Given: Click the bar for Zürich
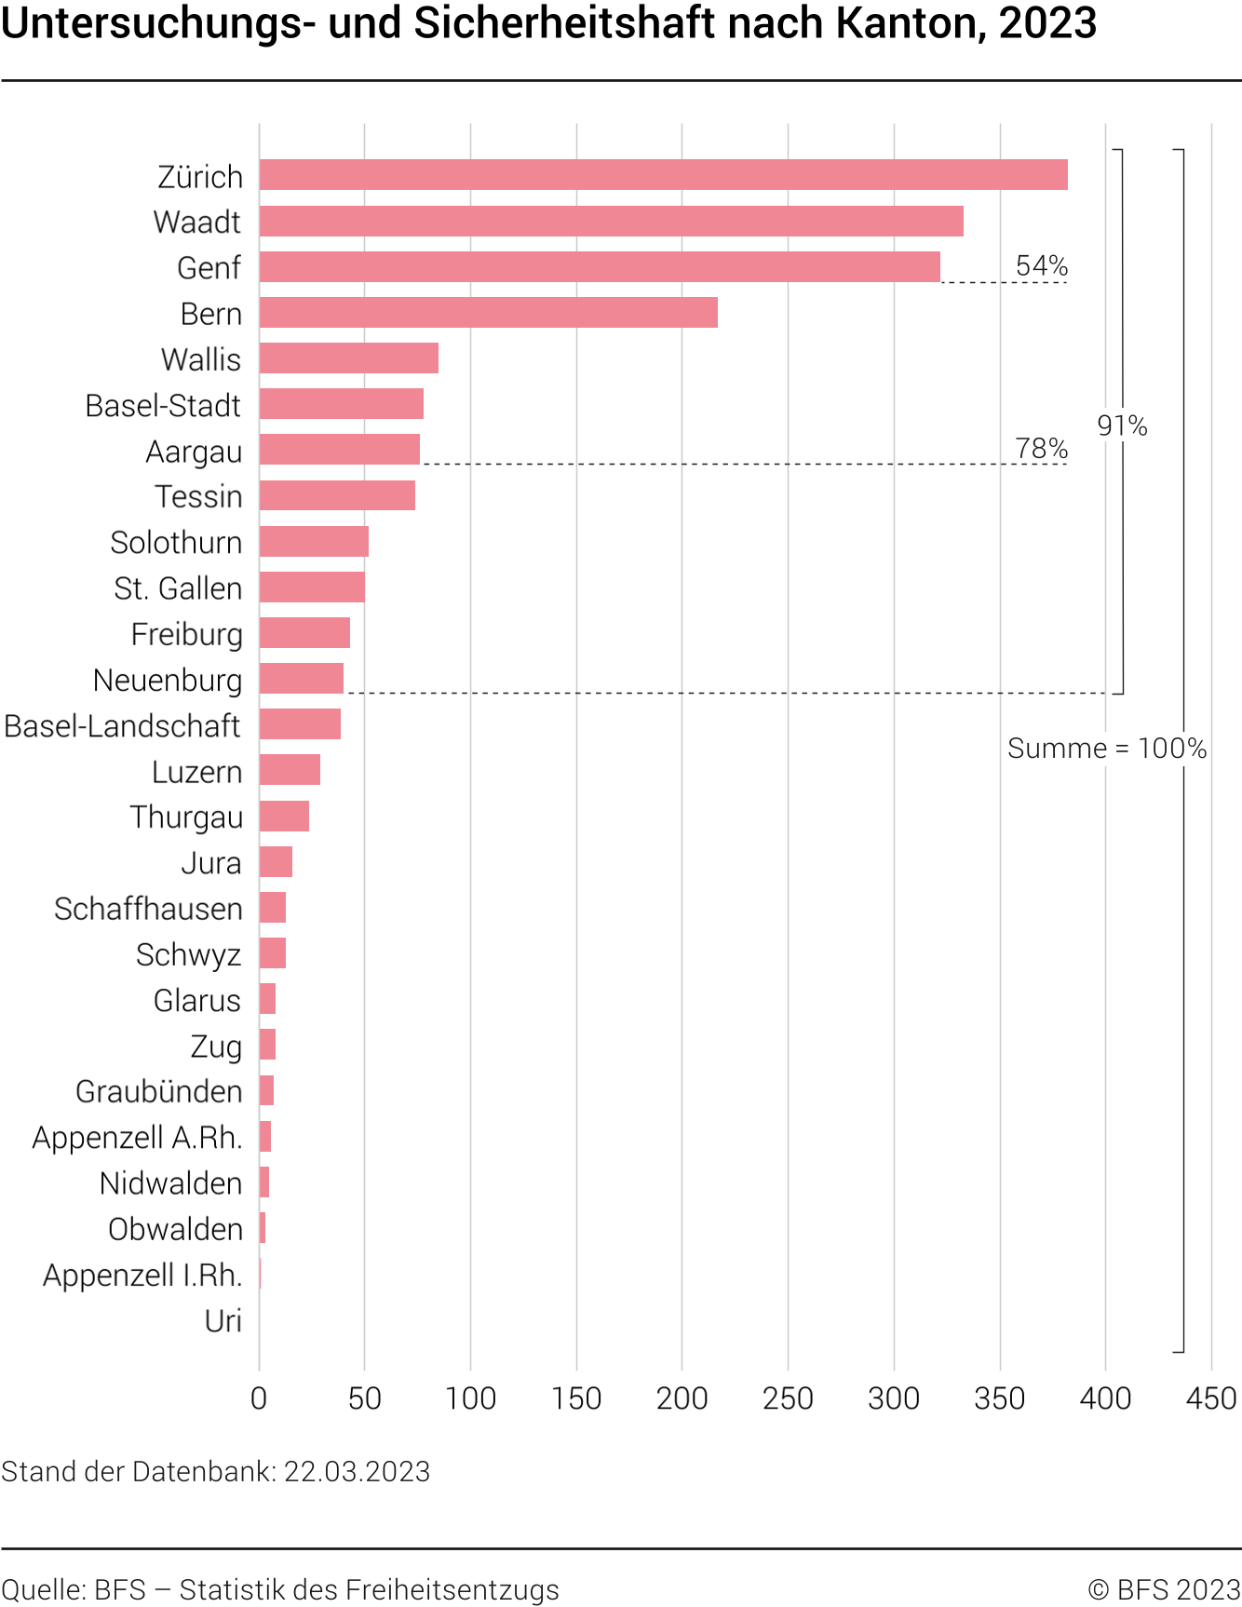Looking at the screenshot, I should [x=663, y=175].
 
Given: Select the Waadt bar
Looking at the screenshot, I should [x=611, y=222].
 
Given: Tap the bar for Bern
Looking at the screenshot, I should [x=488, y=313].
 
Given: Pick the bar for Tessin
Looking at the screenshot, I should [x=337, y=495].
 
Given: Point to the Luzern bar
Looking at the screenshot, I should [x=290, y=770].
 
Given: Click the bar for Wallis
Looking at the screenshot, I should [x=348, y=358].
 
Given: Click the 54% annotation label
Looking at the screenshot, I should [x=1041, y=266].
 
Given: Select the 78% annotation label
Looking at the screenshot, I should [x=1041, y=449].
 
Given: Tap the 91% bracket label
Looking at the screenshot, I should [x=1122, y=426].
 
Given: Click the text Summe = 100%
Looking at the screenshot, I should [x=1107, y=749].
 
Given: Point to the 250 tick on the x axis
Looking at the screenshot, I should [x=788, y=1398].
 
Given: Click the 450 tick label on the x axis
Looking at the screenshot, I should [x=1211, y=1398].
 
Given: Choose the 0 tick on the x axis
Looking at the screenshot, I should [x=259, y=1398].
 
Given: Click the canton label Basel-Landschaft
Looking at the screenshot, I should [x=122, y=726].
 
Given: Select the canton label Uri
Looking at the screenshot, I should [x=223, y=1321].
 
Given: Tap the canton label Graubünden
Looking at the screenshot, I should [x=158, y=1092].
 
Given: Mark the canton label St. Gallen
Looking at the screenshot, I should [x=178, y=588].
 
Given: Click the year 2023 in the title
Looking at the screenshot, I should [x=1047, y=23].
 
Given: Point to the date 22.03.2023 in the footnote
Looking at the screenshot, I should [x=357, y=1472].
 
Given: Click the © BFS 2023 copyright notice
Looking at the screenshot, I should [x=1164, y=1590].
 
